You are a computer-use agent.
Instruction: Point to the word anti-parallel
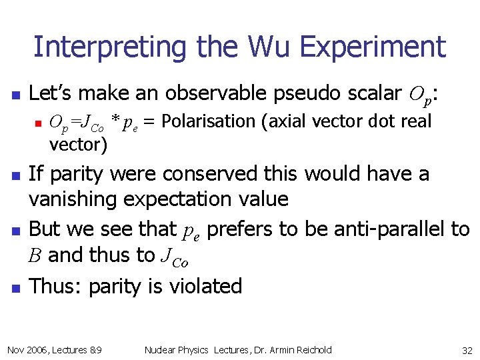[x=391, y=229]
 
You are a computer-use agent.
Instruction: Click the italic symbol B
[x=35, y=255]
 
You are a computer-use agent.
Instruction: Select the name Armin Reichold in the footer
[x=303, y=349]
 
